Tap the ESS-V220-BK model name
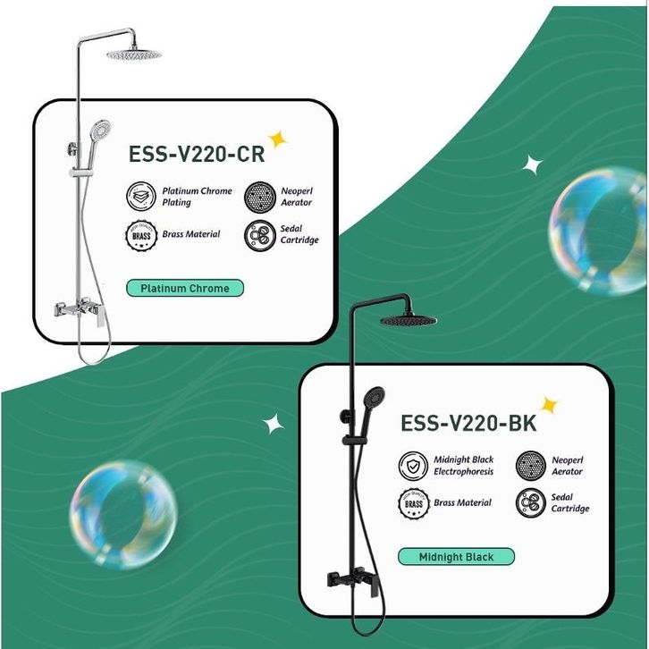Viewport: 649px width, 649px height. pos(468,422)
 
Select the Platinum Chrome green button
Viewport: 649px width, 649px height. pos(184,289)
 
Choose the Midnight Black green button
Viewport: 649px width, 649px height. pos(456,557)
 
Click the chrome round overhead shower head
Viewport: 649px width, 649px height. pos(137,55)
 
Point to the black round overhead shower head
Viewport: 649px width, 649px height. pos(411,319)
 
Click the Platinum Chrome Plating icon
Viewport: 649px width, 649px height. pos(139,196)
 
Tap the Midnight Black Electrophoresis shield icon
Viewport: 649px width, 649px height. pos(412,466)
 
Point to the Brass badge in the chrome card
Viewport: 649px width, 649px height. pos(139,235)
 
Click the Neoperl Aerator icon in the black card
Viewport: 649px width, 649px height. pos(530,466)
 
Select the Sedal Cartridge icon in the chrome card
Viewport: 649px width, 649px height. pos(260,235)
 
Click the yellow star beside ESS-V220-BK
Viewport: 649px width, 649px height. pos(549,406)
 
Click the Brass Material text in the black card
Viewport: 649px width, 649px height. pos(462,503)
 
